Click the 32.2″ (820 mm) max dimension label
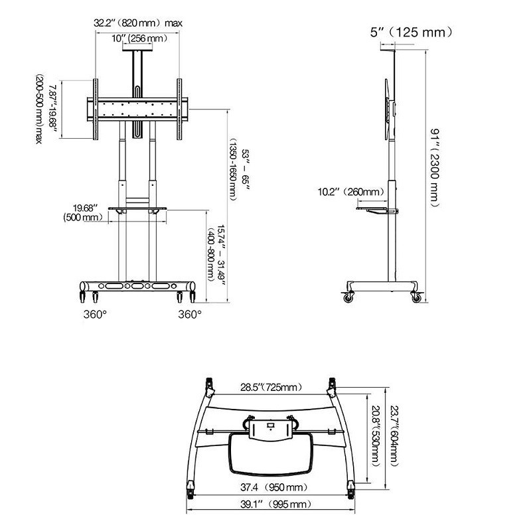[138, 23]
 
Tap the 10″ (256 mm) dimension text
[139, 38]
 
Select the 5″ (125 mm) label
[411, 32]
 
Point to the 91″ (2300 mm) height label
[435, 168]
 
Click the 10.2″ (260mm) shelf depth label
[351, 192]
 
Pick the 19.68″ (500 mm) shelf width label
[83, 212]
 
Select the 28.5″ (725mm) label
[271, 387]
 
